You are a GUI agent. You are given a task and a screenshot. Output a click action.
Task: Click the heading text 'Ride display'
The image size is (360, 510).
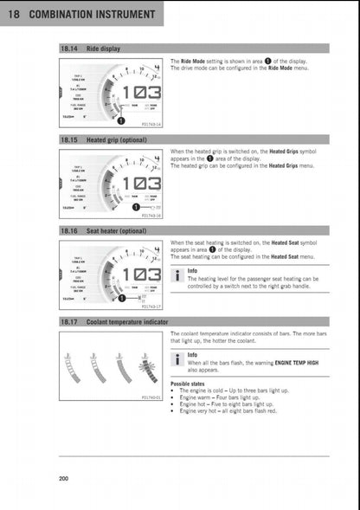point(103,48)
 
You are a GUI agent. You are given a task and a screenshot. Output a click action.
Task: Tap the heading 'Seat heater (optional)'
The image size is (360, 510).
point(116,231)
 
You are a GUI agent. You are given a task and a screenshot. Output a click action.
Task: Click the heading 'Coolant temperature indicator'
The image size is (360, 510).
point(127,321)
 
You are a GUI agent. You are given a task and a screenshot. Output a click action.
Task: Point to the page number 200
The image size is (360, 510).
point(64,479)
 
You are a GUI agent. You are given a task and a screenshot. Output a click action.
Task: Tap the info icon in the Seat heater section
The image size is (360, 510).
point(176,276)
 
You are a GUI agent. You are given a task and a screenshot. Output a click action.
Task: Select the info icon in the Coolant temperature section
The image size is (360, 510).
point(176,360)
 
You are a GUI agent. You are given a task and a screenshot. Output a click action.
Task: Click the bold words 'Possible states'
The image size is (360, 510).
point(192,384)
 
